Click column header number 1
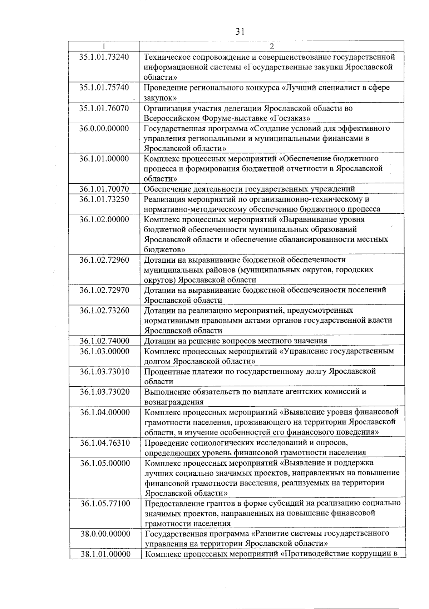coord(104,46)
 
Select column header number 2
coord(272,46)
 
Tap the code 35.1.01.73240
coord(104,57)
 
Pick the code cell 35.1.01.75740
coord(104,88)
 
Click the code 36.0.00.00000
coord(104,128)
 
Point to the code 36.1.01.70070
coord(104,189)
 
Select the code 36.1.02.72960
coord(104,259)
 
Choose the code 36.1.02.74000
coord(104,341)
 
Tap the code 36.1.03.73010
coord(104,371)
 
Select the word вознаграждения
coord(174,402)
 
